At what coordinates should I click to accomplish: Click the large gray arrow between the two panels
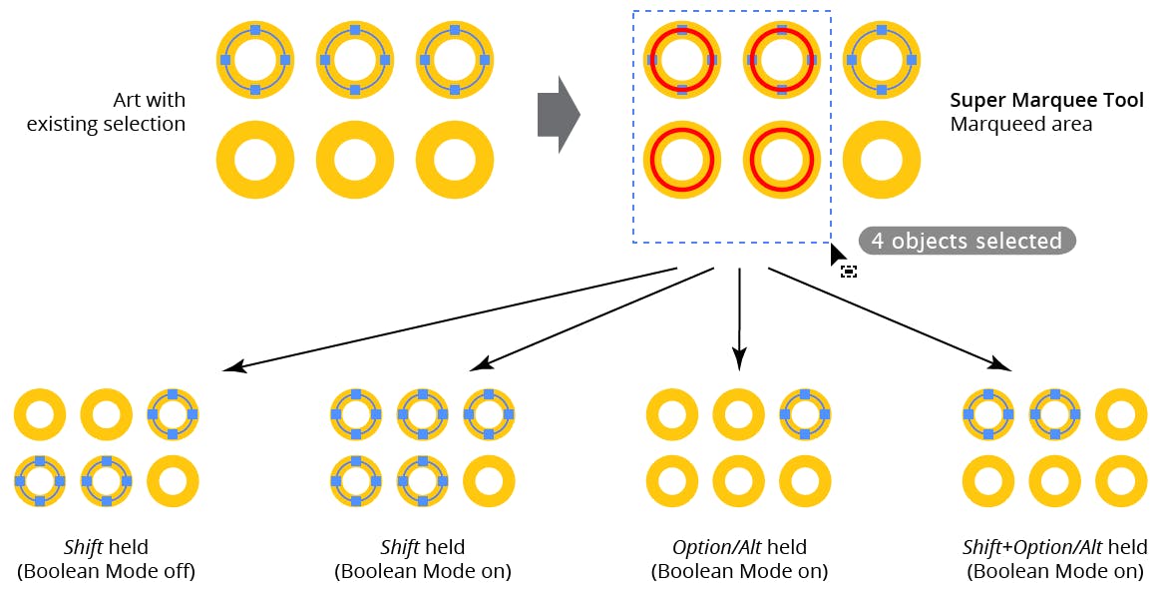point(558,115)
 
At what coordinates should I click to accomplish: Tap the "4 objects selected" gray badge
point(967,241)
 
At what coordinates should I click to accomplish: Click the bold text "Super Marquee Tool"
point(1046,101)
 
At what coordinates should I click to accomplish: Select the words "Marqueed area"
point(1020,125)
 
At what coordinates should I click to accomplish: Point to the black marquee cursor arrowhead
point(837,257)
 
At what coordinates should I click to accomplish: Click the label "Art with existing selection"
point(107,112)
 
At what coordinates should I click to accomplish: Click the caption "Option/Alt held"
point(739,547)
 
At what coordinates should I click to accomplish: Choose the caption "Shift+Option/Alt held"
point(1054,547)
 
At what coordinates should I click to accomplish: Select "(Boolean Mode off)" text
point(106,571)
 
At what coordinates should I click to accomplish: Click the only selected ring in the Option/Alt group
point(804,413)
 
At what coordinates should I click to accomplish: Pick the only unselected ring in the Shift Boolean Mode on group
point(489,480)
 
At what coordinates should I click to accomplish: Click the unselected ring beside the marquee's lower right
point(882,160)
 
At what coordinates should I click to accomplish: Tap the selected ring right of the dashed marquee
point(882,60)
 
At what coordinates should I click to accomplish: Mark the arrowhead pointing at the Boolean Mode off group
point(234,367)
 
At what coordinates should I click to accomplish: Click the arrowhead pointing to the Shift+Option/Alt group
point(1000,364)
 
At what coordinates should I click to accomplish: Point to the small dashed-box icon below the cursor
point(849,271)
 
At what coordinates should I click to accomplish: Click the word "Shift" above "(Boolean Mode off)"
point(83,547)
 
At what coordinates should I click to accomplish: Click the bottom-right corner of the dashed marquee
point(831,243)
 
